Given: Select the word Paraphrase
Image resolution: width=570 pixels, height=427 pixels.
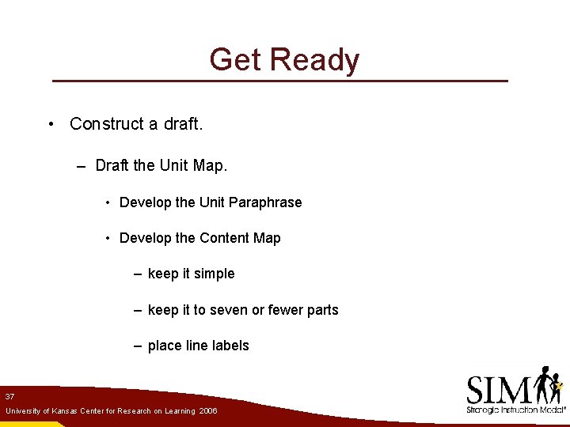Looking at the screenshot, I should coord(266,202).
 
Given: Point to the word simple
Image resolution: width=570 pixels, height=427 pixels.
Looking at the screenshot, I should coord(215,274).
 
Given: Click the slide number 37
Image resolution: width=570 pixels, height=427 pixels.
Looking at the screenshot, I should coord(9,396).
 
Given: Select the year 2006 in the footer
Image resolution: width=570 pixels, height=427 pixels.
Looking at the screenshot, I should coord(208,412).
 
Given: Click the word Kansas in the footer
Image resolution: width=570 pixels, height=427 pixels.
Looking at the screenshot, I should coord(63,412).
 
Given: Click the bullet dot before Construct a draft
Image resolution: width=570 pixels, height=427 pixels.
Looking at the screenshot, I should coord(50,124).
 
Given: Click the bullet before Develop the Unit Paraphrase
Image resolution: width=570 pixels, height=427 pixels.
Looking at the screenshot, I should coord(107,202).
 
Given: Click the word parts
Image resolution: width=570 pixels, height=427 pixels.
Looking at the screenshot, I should coord(322,310).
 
